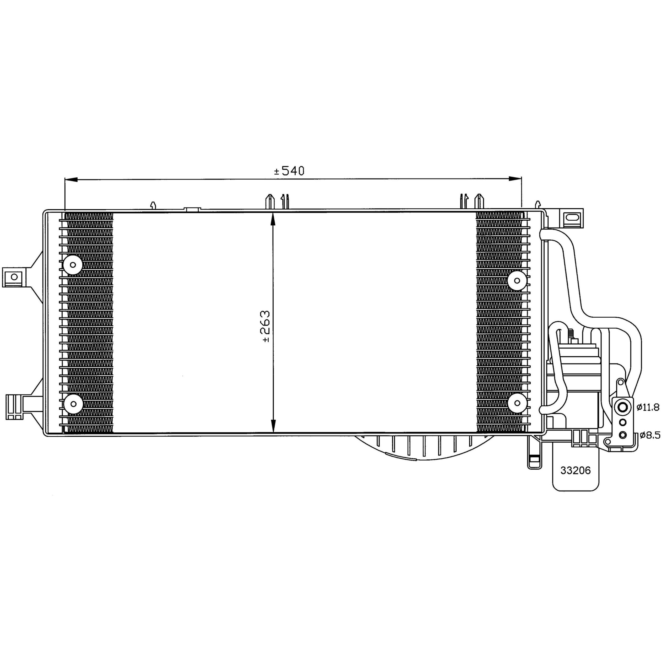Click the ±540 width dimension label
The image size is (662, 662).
[x=289, y=171]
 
